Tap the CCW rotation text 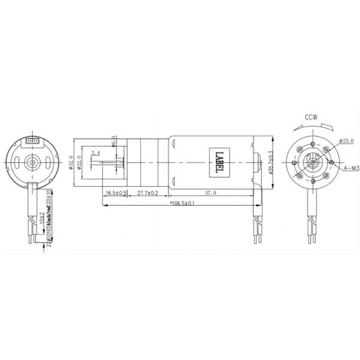coord(311,117)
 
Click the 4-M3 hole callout coord(350,170)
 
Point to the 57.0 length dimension coord(211,193)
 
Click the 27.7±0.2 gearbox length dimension coord(148,193)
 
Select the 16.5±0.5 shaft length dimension coord(116,193)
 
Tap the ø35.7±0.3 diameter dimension coord(271,161)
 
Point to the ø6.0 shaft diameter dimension coord(113,142)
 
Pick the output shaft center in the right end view coord(313,161)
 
